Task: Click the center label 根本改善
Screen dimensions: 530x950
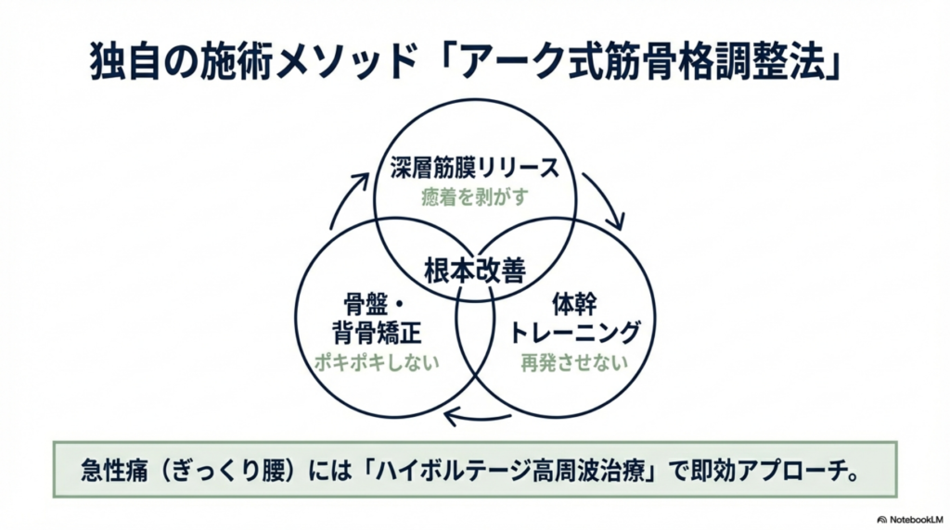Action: tap(475, 271)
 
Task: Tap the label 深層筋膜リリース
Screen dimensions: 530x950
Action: tap(475, 169)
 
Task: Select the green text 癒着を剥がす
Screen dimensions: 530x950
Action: tap(475, 198)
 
